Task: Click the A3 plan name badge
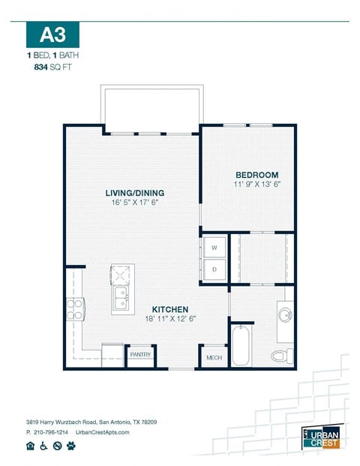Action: click(x=52, y=35)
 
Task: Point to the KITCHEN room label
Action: click(x=170, y=309)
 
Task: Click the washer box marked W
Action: click(x=214, y=247)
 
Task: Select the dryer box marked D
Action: click(x=214, y=269)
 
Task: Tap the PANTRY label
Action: click(x=140, y=353)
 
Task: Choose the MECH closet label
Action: click(x=214, y=358)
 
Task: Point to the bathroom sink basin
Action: click(x=286, y=312)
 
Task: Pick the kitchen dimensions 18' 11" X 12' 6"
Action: click(x=170, y=319)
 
